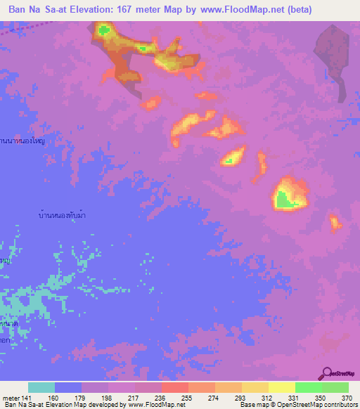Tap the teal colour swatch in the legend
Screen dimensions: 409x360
click(41, 387)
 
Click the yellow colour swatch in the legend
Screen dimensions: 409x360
click(281, 387)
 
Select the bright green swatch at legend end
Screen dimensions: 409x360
click(335, 387)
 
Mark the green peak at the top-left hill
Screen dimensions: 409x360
click(105, 30)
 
